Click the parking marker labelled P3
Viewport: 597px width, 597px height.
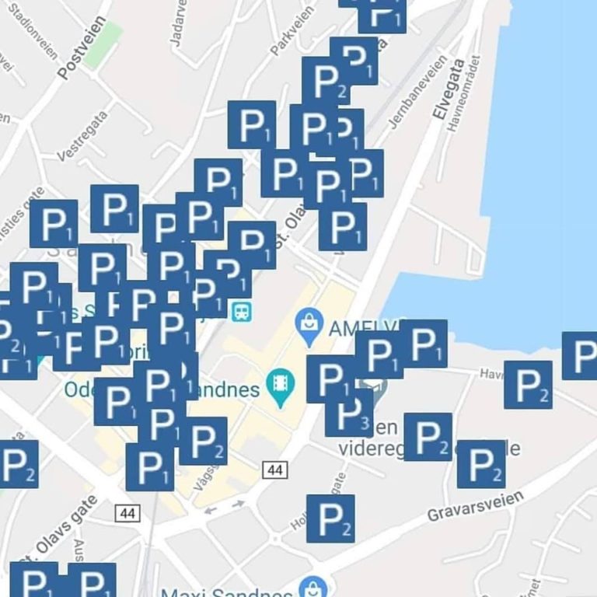349,413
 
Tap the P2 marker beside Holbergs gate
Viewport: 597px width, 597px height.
330,518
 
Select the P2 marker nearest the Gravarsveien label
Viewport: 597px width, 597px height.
481,464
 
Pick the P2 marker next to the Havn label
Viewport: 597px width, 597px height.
529,385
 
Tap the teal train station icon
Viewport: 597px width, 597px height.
241,311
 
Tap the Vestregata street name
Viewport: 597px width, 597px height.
82,135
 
